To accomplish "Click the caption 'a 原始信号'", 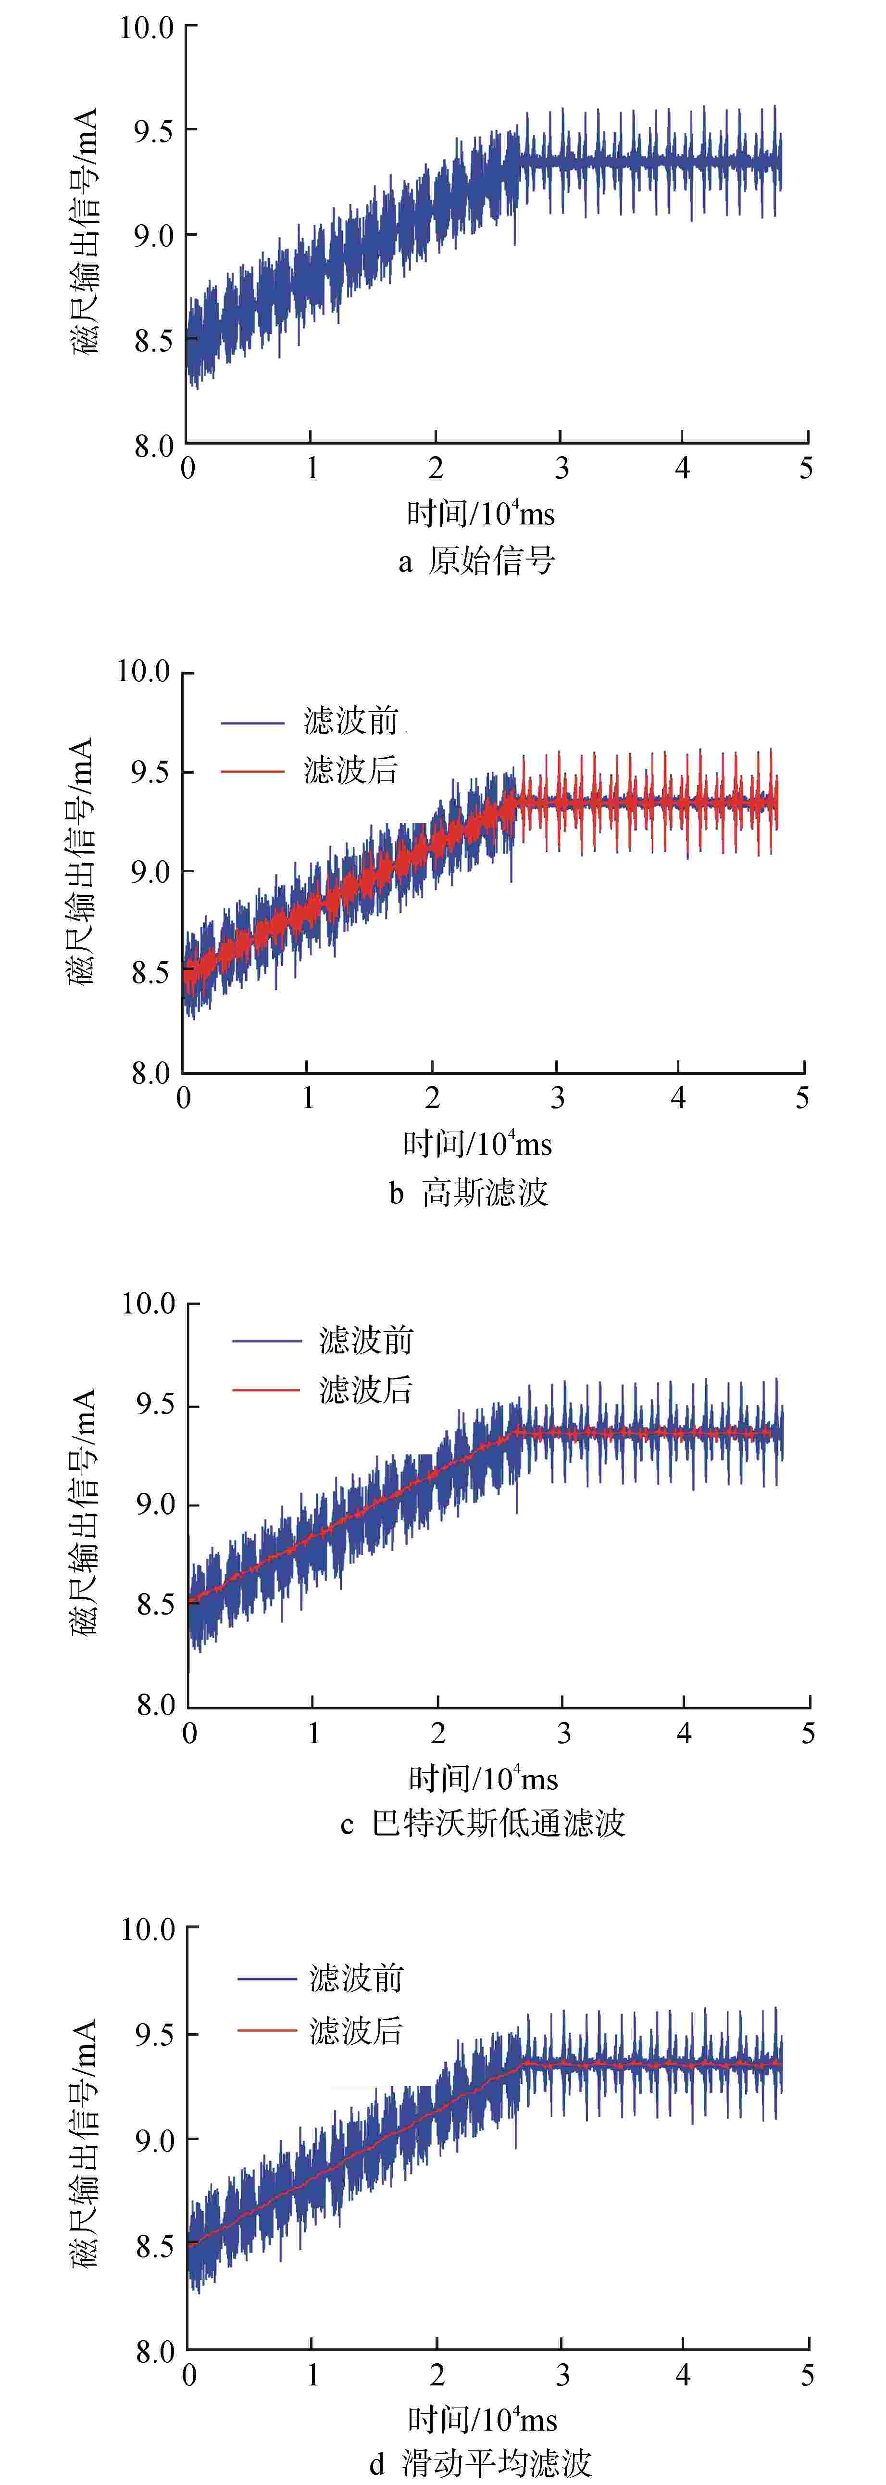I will (477, 561).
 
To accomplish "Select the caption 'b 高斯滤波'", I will (470, 1193).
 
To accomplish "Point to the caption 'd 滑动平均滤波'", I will (480, 2463).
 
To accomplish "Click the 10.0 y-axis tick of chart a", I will (147, 28).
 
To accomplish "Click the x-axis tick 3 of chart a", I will (561, 469).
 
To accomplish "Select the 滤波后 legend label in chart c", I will (366, 1390).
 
